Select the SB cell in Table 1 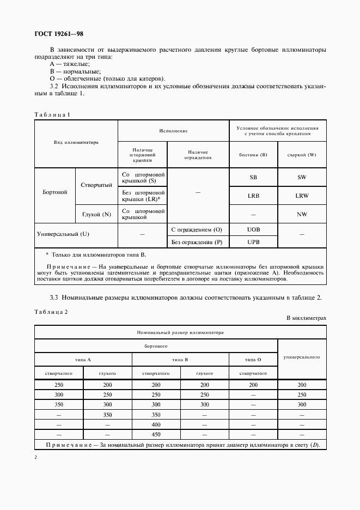click(x=253, y=178)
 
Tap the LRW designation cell click(x=302, y=196)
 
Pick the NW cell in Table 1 click(x=302, y=214)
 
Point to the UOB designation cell click(x=253, y=230)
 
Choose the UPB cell click(x=253, y=241)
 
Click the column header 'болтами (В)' click(x=253, y=154)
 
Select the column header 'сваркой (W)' click(x=302, y=154)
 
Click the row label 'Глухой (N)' click(x=96, y=214)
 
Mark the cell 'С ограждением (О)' click(x=197, y=230)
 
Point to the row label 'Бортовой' click(x=54, y=192)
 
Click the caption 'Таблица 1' click(x=52, y=114)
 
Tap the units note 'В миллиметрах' click(x=306, y=318)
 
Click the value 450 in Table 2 click(x=156, y=434)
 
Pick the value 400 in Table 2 click(x=156, y=424)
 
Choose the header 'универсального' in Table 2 click(x=302, y=357)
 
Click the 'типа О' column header click(x=253, y=360)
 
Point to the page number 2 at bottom click(x=35, y=457)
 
